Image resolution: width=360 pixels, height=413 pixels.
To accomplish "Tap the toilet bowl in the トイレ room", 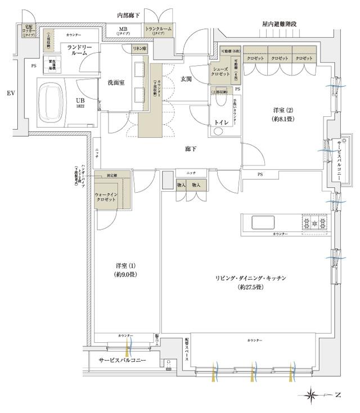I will tap(218, 132).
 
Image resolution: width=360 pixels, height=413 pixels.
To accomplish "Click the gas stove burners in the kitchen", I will tap(311, 223).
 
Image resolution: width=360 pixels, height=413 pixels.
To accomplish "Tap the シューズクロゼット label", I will tap(221, 72).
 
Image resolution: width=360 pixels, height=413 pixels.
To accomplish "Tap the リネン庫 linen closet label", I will tap(139, 50).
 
